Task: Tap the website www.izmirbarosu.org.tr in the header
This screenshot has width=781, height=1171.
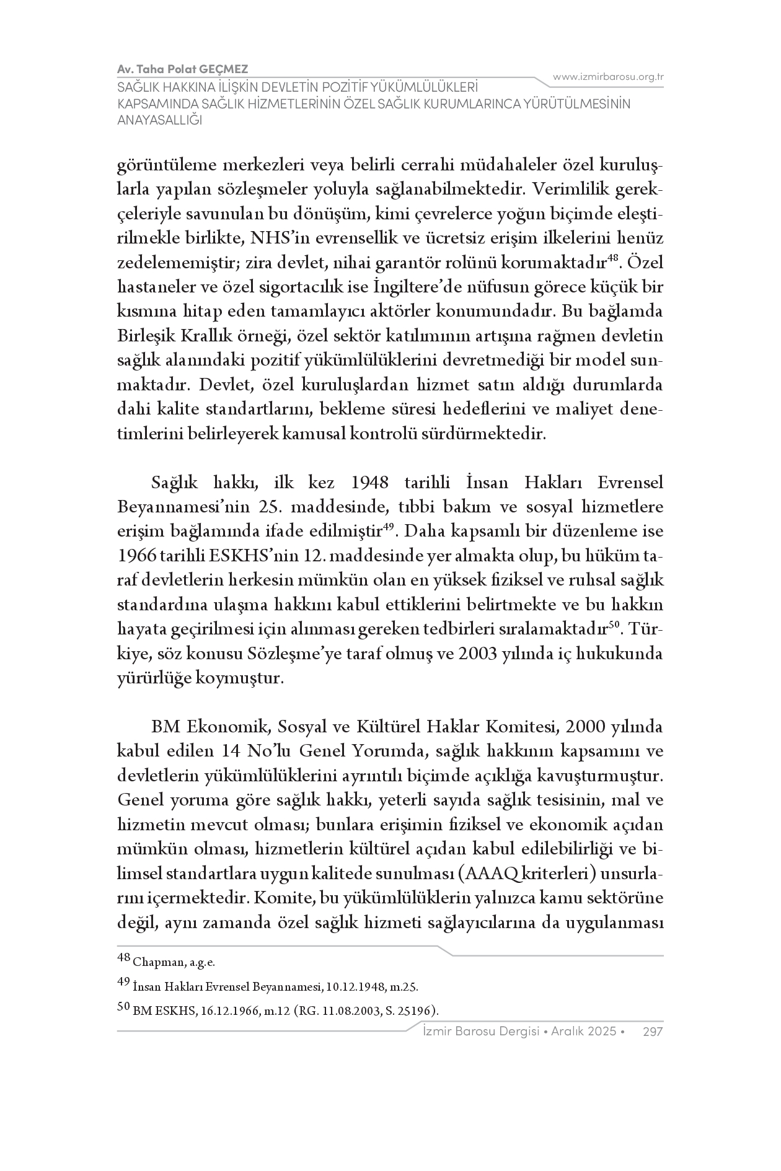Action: (608, 77)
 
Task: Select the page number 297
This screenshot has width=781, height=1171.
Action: (653, 1031)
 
